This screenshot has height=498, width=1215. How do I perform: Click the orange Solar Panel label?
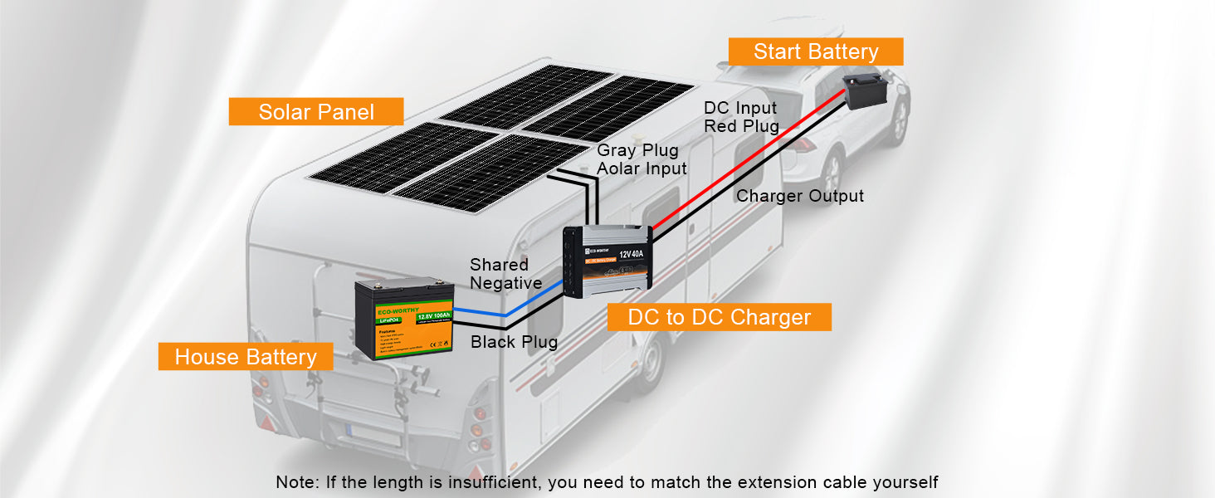(x=316, y=112)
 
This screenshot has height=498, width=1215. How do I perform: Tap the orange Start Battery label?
(x=815, y=51)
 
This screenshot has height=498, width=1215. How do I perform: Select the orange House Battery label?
(x=246, y=358)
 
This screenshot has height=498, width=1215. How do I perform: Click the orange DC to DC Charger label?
(x=719, y=317)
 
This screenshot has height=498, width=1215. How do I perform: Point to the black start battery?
(x=866, y=90)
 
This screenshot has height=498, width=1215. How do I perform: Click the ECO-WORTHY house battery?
(x=404, y=318)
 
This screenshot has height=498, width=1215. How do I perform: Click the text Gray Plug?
(x=637, y=150)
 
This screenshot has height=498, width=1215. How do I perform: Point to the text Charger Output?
(x=800, y=196)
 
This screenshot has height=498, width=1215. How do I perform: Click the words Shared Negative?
(x=505, y=274)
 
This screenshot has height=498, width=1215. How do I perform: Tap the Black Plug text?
(x=514, y=342)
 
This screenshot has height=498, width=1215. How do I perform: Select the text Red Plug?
(x=741, y=126)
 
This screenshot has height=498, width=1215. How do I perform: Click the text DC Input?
(x=740, y=108)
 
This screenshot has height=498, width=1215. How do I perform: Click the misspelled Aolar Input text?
(x=642, y=168)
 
